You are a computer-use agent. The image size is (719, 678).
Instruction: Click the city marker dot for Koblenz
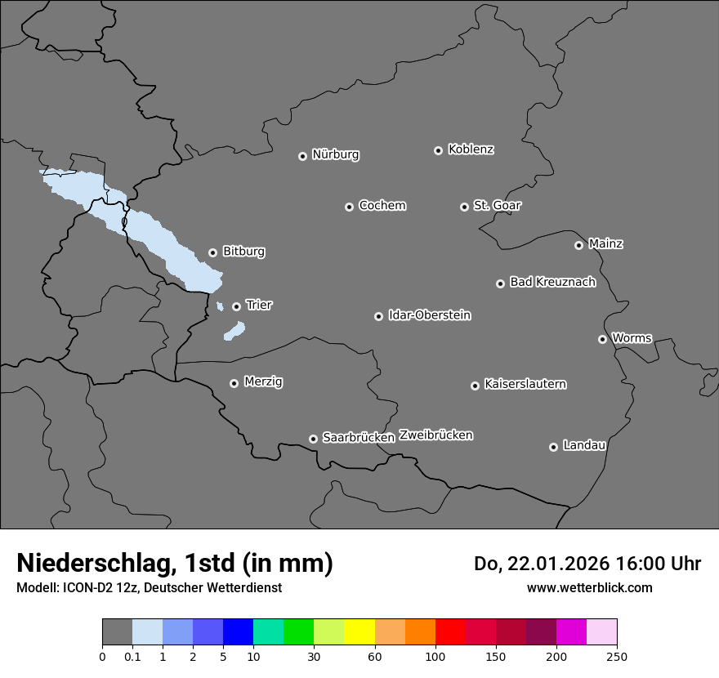[438, 150]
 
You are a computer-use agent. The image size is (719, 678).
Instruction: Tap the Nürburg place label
[336, 154]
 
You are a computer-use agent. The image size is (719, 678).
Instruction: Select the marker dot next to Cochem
[349, 207]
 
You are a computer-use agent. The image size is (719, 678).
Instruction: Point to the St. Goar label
[497, 205]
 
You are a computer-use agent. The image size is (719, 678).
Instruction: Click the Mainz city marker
[578, 245]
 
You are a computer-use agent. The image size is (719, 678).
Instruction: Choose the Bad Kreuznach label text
[552, 282]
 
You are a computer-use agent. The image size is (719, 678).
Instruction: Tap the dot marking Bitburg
[212, 252]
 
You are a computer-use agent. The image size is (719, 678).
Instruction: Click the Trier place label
[259, 305]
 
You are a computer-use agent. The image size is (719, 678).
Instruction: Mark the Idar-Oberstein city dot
[378, 316]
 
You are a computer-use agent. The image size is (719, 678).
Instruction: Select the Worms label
[632, 337]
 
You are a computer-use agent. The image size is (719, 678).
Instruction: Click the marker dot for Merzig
[234, 383]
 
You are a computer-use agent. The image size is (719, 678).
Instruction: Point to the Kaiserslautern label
[525, 384]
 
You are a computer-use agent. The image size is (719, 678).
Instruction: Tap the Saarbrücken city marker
[313, 439]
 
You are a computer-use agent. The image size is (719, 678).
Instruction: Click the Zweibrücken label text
[435, 435]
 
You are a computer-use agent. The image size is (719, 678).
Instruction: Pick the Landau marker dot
[553, 447]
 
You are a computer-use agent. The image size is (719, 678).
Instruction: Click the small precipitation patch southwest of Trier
[234, 331]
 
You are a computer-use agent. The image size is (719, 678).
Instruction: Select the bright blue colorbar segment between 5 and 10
[238, 632]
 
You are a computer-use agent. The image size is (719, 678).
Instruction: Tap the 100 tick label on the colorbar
[435, 655]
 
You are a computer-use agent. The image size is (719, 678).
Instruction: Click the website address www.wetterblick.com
[589, 587]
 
